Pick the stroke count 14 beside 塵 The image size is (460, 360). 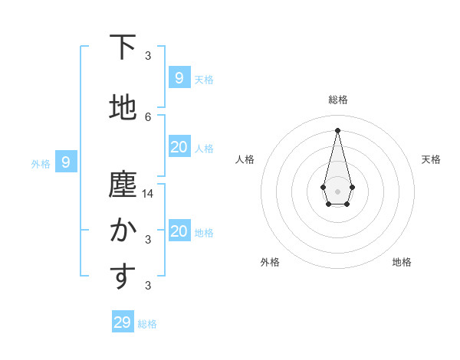(x=148, y=194)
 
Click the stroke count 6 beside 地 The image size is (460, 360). (x=148, y=116)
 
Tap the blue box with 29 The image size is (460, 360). (x=123, y=322)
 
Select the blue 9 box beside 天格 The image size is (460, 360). (x=179, y=78)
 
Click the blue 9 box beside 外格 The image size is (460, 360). (x=67, y=162)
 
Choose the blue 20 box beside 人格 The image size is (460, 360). (x=179, y=147)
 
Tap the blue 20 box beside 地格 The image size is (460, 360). (x=179, y=231)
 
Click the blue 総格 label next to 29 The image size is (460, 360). (x=147, y=324)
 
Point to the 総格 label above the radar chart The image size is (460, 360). (x=337, y=100)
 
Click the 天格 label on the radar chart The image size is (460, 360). (x=431, y=159)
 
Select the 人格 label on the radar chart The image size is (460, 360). (x=245, y=159)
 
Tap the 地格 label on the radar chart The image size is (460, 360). (x=402, y=262)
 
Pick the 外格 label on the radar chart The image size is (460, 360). (x=270, y=262)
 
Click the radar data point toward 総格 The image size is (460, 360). (x=337, y=129)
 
